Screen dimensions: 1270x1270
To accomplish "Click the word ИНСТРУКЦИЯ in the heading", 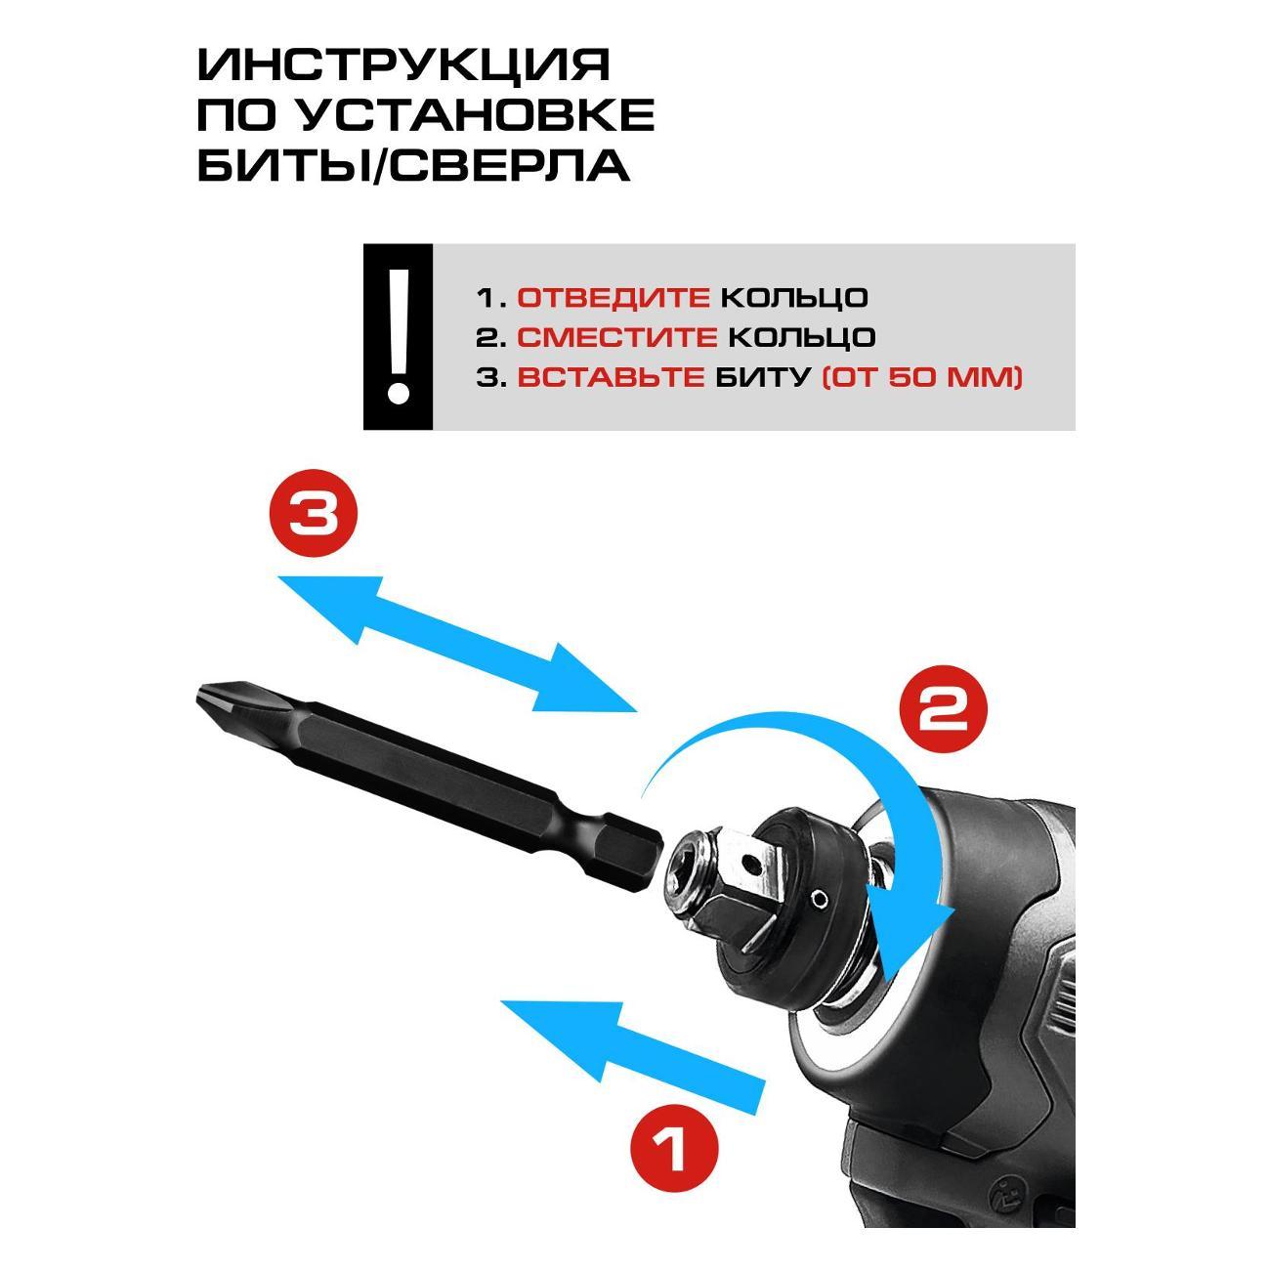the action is [x=403, y=64].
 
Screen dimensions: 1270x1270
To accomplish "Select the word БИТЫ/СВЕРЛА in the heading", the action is [x=413, y=165].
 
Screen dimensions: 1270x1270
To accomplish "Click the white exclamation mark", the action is [x=398, y=336].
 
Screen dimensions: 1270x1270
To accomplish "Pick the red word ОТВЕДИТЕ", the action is [x=613, y=298].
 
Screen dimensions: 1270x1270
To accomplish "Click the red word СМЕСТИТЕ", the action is [x=616, y=337].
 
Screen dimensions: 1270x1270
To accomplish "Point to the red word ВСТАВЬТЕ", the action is [x=611, y=377].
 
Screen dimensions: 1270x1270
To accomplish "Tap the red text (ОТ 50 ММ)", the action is [x=922, y=378].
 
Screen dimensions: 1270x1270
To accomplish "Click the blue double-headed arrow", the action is [x=457, y=644].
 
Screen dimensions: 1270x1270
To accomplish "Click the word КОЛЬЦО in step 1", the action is [x=793, y=299].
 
